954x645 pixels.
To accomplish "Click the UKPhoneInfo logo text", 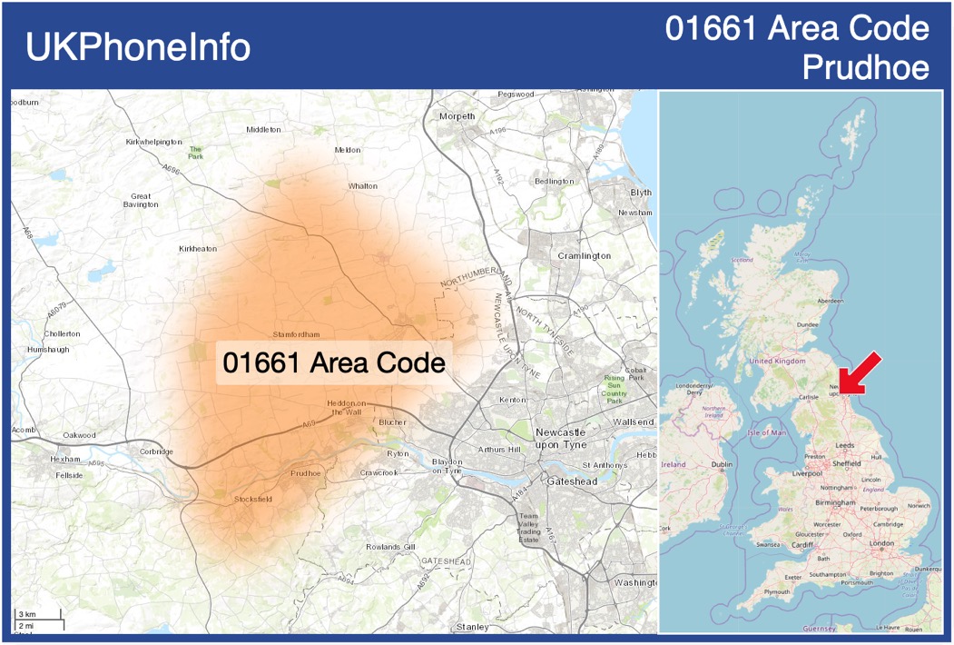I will pyautogui.click(x=138, y=47).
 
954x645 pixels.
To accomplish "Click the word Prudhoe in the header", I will pyautogui.click(x=866, y=67).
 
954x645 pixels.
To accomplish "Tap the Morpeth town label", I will pyautogui.click(x=457, y=116).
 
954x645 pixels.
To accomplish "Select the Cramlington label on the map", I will pyautogui.click(x=585, y=256).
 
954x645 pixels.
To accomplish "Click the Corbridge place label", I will pyautogui.click(x=156, y=451).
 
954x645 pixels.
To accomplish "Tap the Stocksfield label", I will pyautogui.click(x=252, y=500).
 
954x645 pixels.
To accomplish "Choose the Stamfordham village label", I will pyautogui.click(x=296, y=335).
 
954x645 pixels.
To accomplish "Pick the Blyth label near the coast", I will pyautogui.click(x=641, y=193).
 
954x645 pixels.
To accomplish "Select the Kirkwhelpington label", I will pyautogui.click(x=154, y=143).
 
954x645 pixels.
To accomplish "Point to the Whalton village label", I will pyautogui.click(x=362, y=186).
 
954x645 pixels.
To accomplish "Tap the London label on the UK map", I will pyautogui.click(x=881, y=543).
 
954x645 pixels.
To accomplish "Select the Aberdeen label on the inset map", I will pyautogui.click(x=830, y=301).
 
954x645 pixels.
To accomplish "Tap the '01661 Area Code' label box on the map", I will pyautogui.click(x=334, y=362).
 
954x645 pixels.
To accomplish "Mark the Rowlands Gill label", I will pyautogui.click(x=390, y=547).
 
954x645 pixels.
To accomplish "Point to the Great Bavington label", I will pyautogui.click(x=141, y=201).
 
